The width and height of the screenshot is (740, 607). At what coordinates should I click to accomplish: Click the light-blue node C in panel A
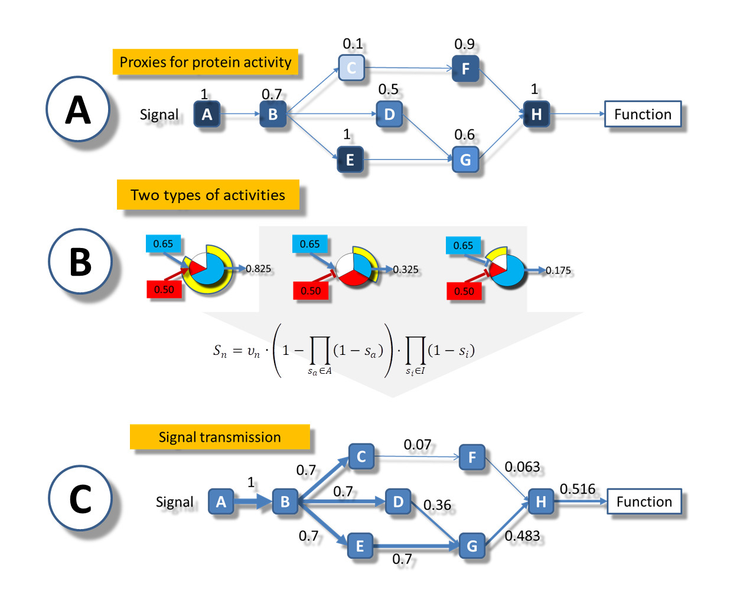pos(351,67)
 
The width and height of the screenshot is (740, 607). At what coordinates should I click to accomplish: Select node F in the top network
pos(465,68)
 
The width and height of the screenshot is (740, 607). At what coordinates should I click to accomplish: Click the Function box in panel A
pos(642,114)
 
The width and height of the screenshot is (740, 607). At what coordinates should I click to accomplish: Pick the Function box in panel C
pos(644,501)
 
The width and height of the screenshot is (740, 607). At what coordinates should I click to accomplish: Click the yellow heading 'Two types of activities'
pos(208,195)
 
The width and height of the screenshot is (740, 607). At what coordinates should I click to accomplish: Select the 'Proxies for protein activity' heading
pos(206,62)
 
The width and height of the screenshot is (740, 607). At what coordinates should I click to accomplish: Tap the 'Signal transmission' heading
pos(220,436)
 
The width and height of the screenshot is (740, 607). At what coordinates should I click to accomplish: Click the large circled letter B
pos(80,262)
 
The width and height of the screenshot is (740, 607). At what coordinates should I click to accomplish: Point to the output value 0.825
pos(258,269)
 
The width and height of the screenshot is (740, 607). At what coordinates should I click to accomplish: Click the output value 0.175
pos(558,270)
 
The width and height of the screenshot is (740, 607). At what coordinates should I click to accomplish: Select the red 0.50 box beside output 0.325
pos(311,291)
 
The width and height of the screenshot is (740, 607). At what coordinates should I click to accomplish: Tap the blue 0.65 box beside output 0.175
pos(463,245)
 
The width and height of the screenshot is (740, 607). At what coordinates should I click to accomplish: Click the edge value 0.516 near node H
pos(577,488)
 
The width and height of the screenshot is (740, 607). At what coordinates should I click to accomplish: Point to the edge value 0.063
pos(522,466)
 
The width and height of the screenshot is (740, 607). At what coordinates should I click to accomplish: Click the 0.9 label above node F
pos(464,44)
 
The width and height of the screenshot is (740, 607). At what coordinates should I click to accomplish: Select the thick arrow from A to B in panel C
pos(253,501)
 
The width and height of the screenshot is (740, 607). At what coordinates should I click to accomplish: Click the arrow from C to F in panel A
pos(409,68)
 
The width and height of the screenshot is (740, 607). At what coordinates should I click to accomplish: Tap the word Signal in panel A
pos(159,115)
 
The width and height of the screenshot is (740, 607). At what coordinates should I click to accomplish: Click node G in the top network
pos(465,159)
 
